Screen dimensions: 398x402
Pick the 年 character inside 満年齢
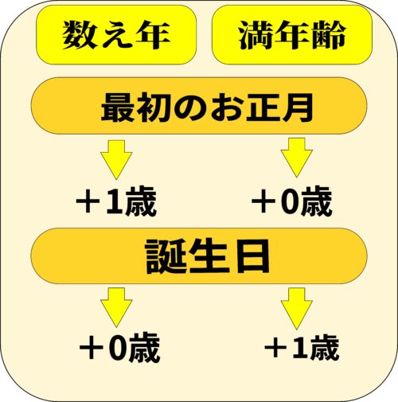click(292, 35)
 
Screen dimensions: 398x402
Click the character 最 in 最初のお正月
click(118, 107)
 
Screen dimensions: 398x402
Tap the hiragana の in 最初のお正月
click(189, 107)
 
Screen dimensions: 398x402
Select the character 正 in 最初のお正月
click(262, 107)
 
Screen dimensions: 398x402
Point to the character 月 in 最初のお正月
click(297, 107)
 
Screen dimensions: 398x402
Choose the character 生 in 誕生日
click(209, 256)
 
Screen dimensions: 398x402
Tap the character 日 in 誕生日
click(252, 256)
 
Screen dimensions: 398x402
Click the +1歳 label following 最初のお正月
click(116, 201)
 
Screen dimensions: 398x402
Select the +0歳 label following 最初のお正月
click(292, 201)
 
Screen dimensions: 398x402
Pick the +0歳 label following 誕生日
click(119, 348)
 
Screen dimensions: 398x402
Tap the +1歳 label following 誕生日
click(302, 347)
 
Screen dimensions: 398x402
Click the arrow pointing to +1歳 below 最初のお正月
click(116, 160)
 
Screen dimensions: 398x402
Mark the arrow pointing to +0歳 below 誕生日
click(116, 308)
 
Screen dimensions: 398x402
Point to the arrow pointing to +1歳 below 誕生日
click(297, 308)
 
